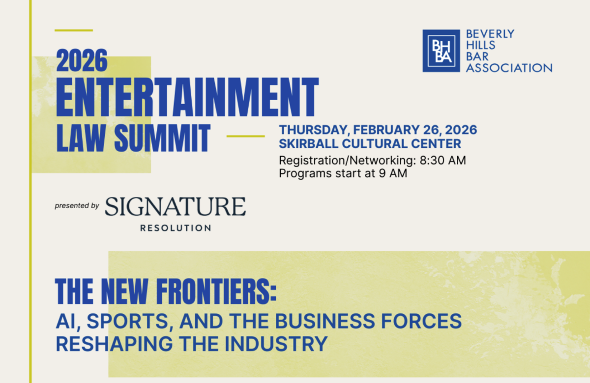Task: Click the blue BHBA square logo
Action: tap(441, 51)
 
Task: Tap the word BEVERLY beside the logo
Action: tap(490, 34)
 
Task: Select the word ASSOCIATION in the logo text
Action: tap(509, 68)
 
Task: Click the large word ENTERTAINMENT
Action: tap(187, 97)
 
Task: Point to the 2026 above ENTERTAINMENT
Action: tap(82, 60)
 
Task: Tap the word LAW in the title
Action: tap(81, 138)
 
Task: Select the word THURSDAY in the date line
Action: tap(314, 130)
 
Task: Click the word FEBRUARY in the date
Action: tap(386, 130)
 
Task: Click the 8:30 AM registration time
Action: tap(443, 160)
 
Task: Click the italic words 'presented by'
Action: tap(77, 206)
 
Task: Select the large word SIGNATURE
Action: tap(176, 207)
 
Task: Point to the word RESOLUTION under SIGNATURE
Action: tap(176, 228)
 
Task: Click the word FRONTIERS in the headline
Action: tap(216, 292)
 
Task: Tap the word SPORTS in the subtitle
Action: tap(128, 322)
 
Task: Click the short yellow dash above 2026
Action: tap(74, 30)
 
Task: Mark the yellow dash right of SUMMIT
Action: tap(245, 137)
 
